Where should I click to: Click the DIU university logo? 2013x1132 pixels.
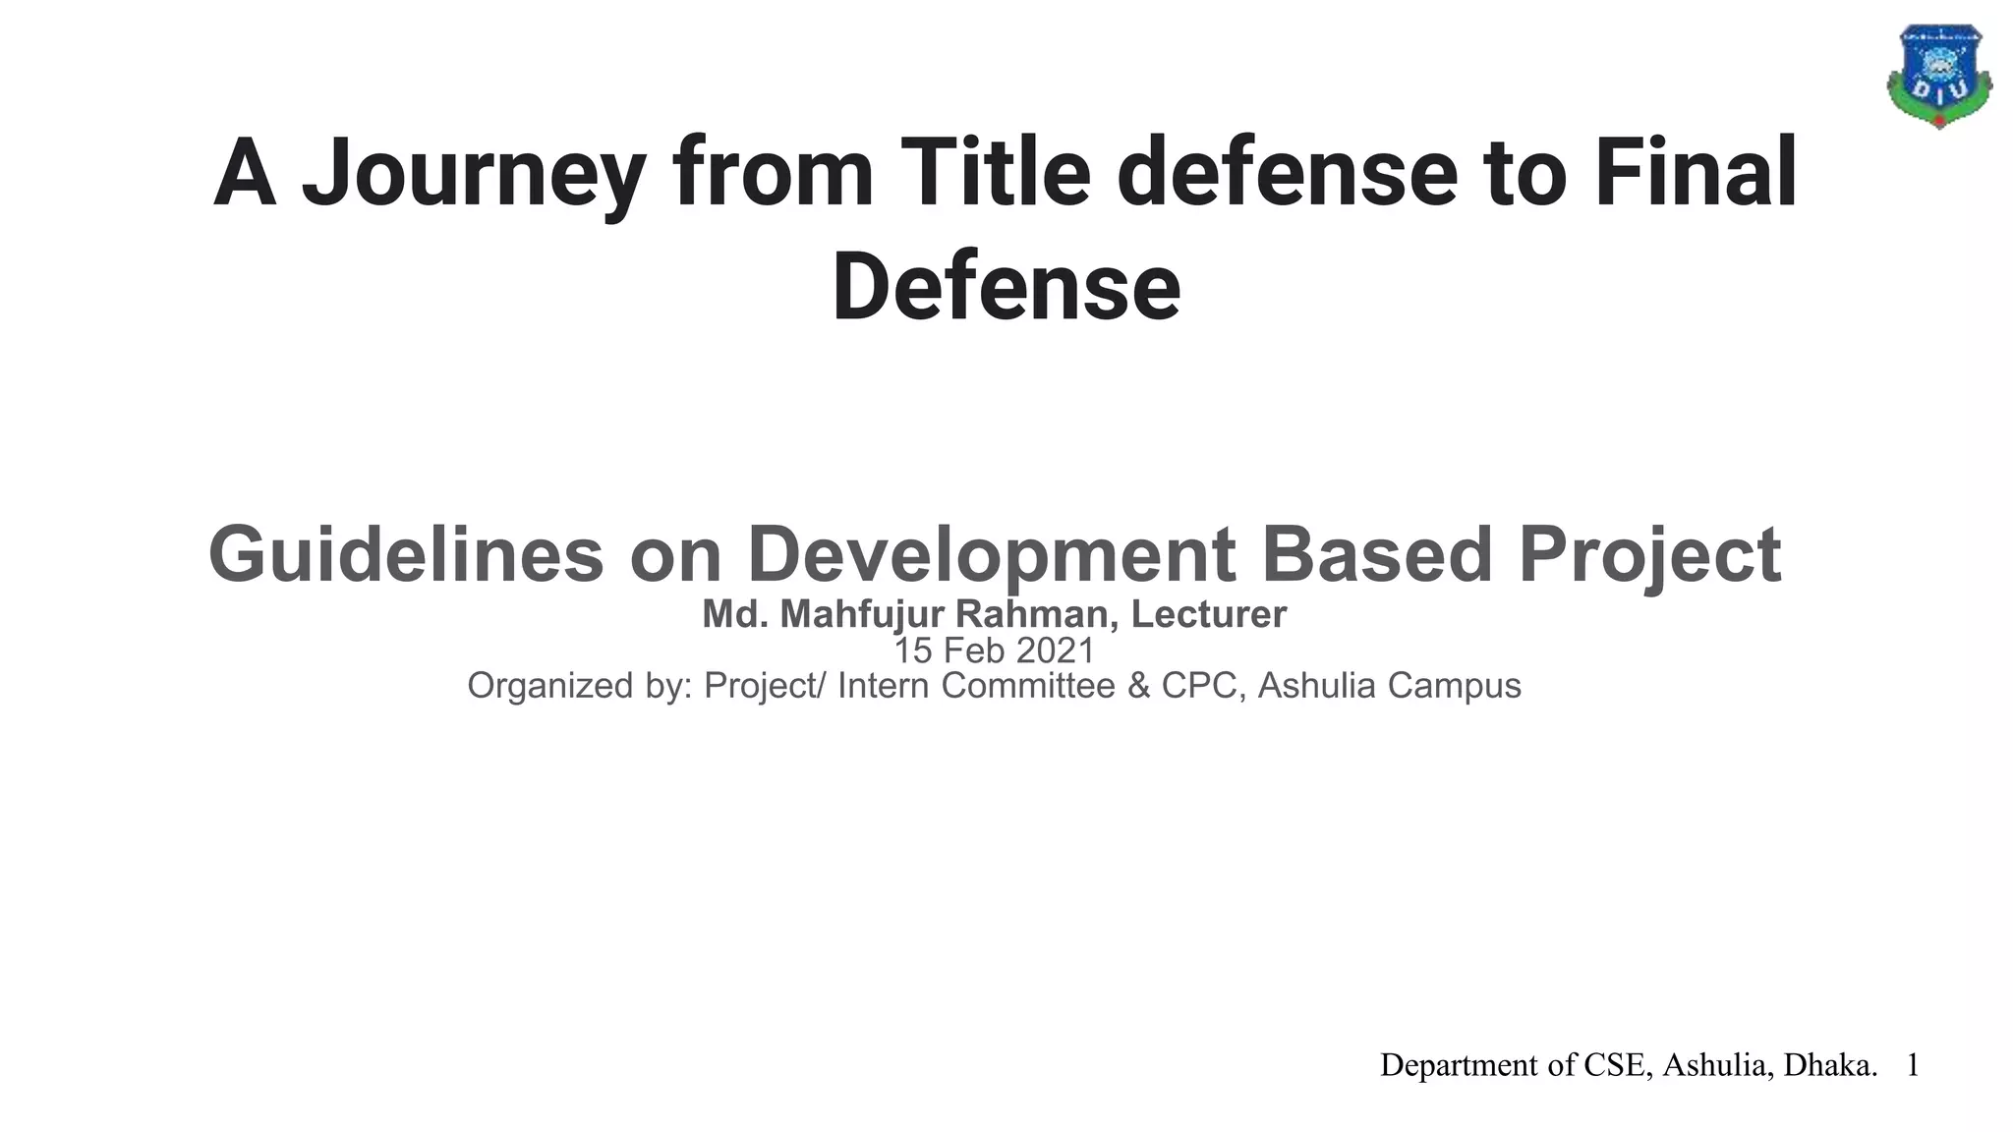[1938, 77]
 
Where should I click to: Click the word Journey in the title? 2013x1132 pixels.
[473, 174]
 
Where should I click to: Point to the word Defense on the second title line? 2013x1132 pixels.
[1006, 288]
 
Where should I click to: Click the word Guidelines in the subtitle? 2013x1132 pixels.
[405, 555]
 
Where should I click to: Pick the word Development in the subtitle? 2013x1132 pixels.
[991, 555]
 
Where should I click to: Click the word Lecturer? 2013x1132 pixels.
[1208, 615]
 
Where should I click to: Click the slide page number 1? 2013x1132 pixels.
[1913, 1065]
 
